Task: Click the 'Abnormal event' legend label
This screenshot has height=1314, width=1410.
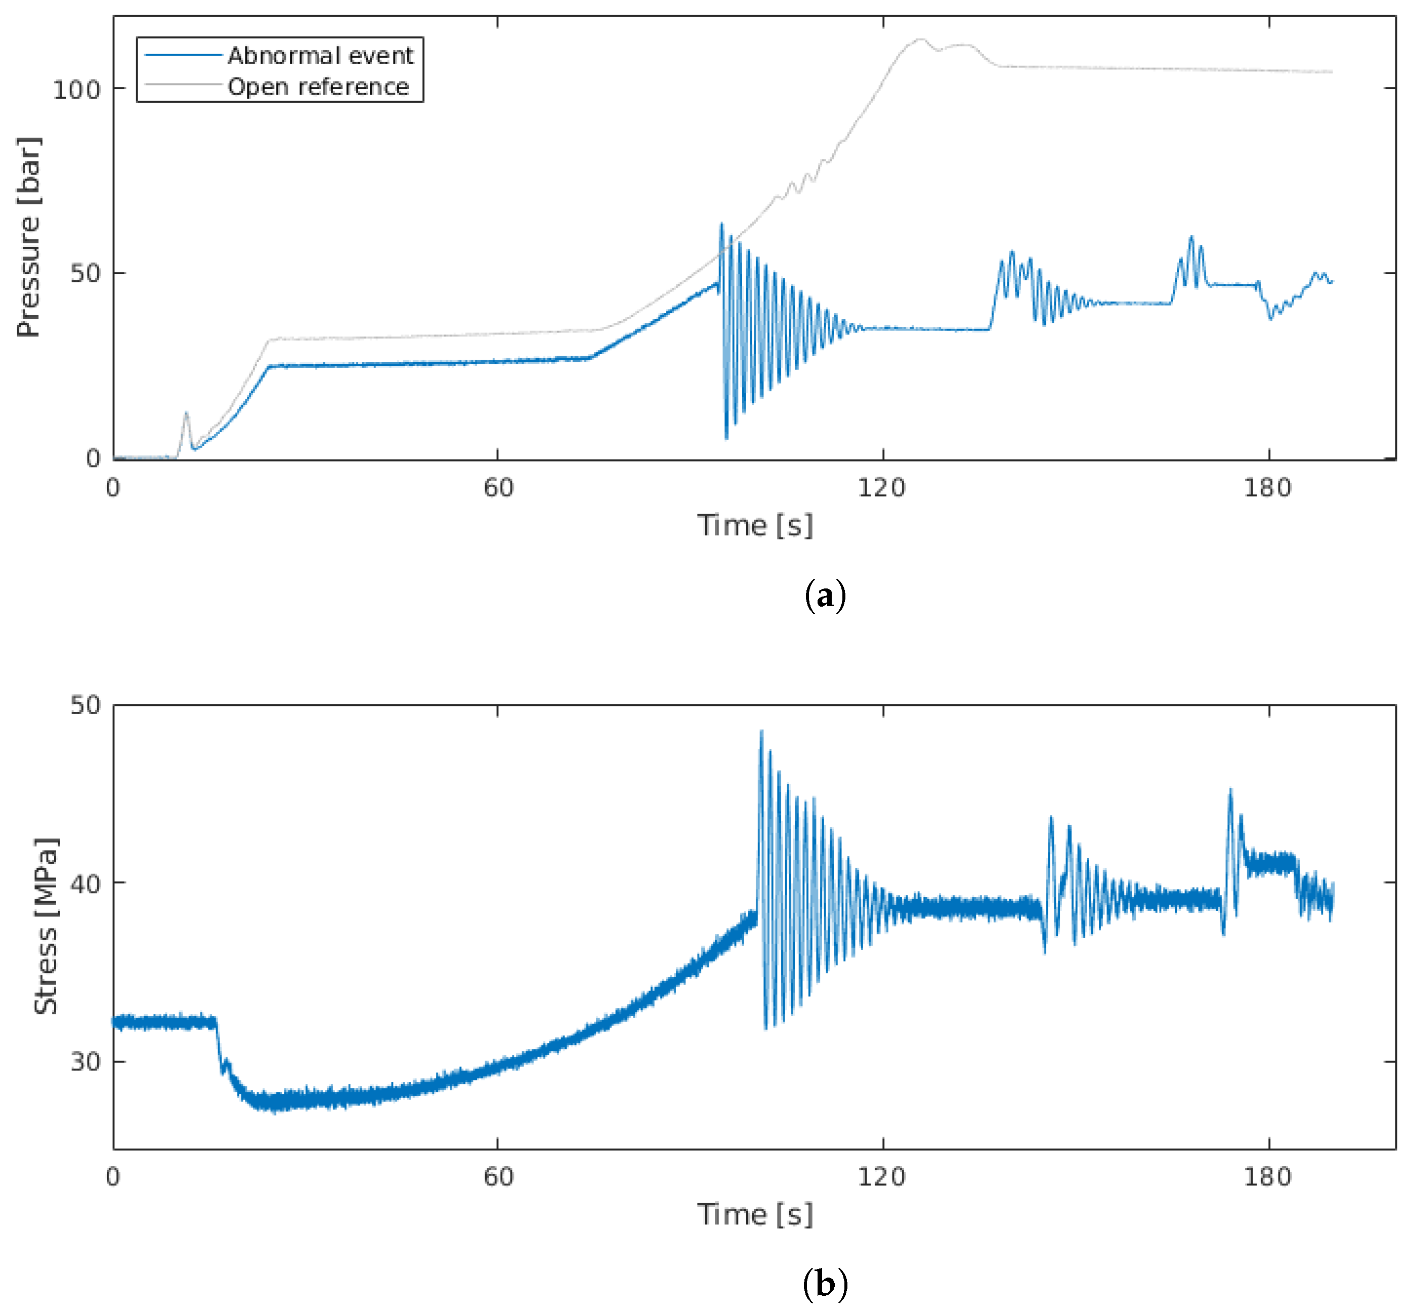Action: coord(320,55)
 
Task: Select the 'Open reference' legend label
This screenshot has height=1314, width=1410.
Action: coord(318,87)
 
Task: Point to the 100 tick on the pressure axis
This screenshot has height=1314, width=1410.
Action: coord(76,90)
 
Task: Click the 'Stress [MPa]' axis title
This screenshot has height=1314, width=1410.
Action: coord(46,926)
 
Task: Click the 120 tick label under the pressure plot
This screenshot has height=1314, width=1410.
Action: coord(882,488)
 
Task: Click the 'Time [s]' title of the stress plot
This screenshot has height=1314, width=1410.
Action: coord(755,1215)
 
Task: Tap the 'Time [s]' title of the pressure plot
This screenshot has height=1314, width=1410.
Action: coord(755,526)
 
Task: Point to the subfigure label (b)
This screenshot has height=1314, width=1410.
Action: coord(825,1284)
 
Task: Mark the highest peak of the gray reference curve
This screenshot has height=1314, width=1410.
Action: coord(921,40)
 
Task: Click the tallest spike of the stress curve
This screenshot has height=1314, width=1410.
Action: coord(762,732)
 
